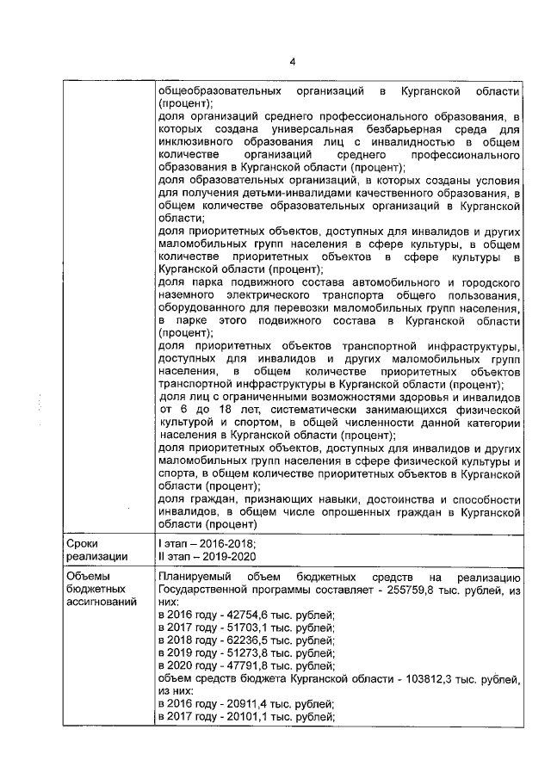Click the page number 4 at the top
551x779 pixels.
(x=293, y=61)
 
